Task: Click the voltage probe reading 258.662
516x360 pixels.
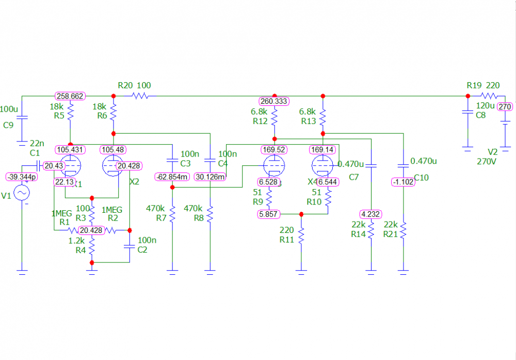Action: (70, 96)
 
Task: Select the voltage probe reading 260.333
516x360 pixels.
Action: (274, 101)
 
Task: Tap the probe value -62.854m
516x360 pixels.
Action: (172, 177)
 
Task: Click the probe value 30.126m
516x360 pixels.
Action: (210, 177)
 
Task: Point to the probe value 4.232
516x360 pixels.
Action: (370, 214)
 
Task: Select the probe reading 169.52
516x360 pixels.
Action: (274, 150)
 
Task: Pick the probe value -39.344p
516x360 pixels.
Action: (22, 177)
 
